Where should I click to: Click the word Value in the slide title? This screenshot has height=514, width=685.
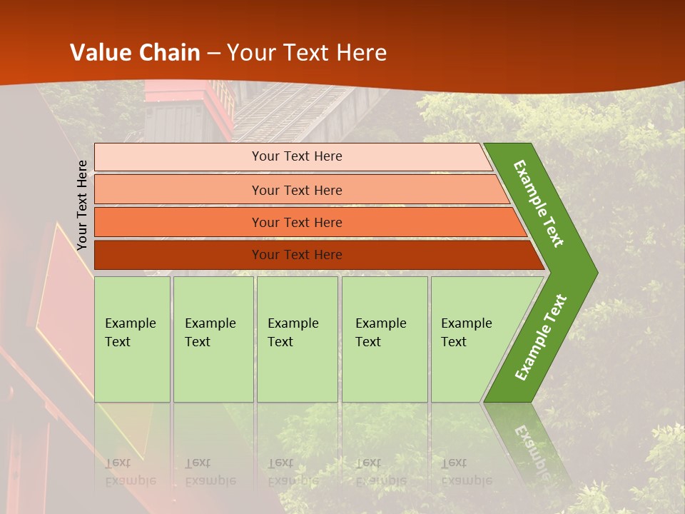99,52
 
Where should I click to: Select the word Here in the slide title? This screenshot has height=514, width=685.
361,52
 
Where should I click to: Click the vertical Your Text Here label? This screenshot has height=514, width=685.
82,205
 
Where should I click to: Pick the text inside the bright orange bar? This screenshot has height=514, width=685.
297,223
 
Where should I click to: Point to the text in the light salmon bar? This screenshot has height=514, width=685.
297,191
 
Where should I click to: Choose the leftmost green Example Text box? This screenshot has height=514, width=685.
132,338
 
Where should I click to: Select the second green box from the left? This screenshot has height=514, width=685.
213,338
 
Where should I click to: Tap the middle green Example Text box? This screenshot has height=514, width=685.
297,338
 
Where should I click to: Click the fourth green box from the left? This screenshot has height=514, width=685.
384,338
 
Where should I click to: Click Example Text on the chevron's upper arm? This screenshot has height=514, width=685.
539,203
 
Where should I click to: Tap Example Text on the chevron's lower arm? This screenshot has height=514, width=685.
541,337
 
